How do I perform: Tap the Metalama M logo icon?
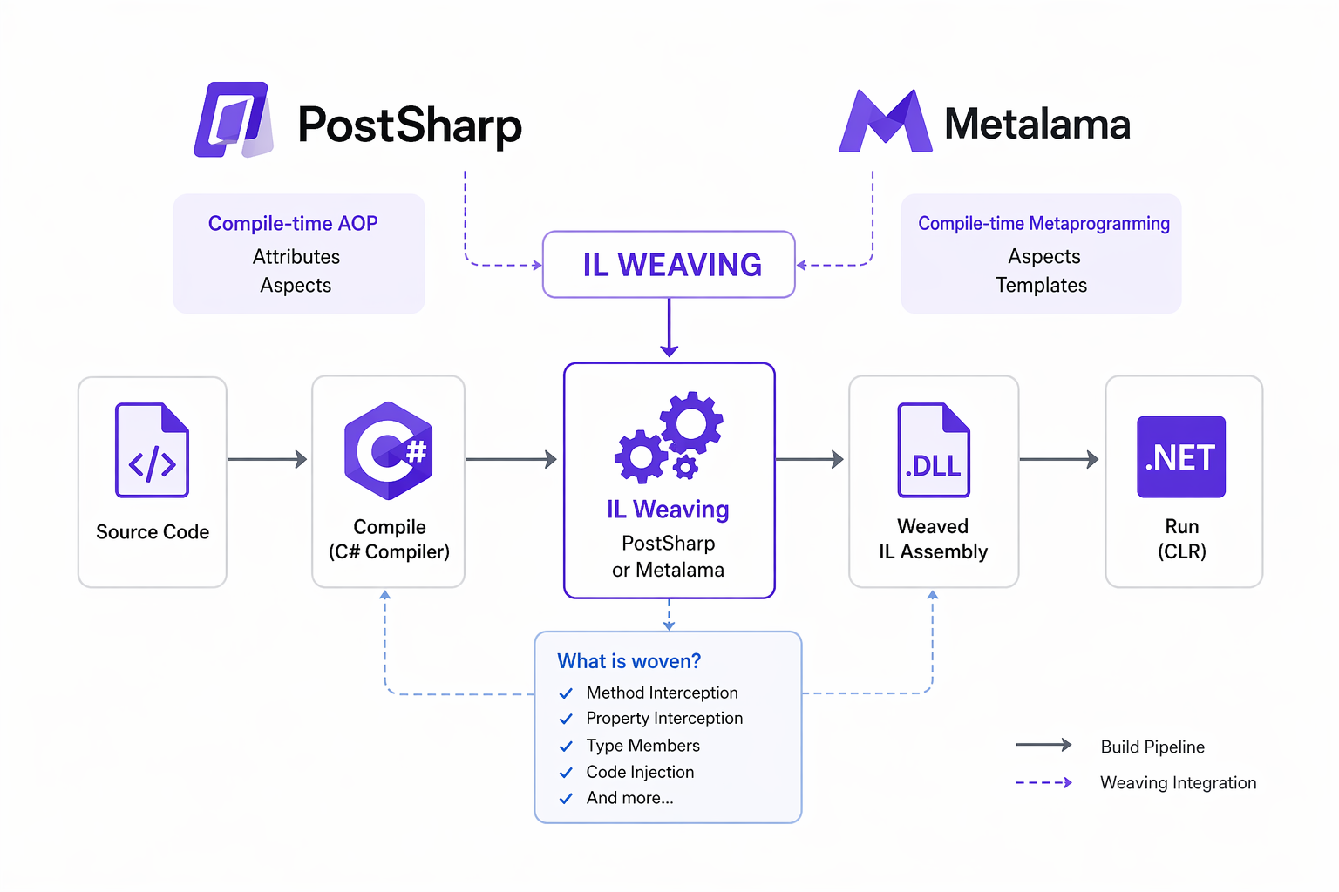click(x=885, y=122)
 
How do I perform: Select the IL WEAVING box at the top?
click(x=669, y=264)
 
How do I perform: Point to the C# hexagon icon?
click(x=389, y=449)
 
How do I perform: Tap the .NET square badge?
click(x=1181, y=456)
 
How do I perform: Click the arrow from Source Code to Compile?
click(x=268, y=459)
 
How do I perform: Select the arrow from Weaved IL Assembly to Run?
click(x=1059, y=459)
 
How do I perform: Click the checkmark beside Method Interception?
click(x=566, y=693)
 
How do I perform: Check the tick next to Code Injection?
click(x=566, y=773)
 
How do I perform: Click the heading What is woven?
click(x=629, y=661)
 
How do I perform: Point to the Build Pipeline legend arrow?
click(x=1043, y=745)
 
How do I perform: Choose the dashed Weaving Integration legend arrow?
click(x=1043, y=782)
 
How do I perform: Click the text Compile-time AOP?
click(x=293, y=224)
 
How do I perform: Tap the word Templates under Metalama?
click(x=1042, y=286)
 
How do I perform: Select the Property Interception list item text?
click(x=664, y=719)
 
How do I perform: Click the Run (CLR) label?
click(x=1182, y=538)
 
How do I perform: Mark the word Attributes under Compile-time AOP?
click(x=296, y=257)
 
